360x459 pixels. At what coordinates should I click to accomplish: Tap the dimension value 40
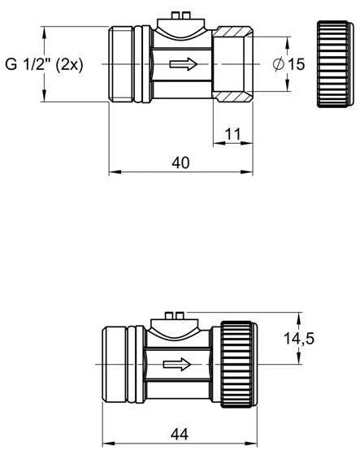click(x=180, y=162)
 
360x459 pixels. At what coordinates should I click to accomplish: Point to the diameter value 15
click(x=295, y=64)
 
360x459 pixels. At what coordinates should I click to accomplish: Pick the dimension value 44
click(x=180, y=435)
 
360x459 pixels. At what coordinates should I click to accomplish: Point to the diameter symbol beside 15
click(x=278, y=64)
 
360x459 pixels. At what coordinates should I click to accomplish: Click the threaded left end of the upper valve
click(x=122, y=64)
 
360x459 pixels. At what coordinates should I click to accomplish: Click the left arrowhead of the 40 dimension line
click(x=114, y=172)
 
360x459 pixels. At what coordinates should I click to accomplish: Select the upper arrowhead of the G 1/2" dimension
click(x=45, y=32)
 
